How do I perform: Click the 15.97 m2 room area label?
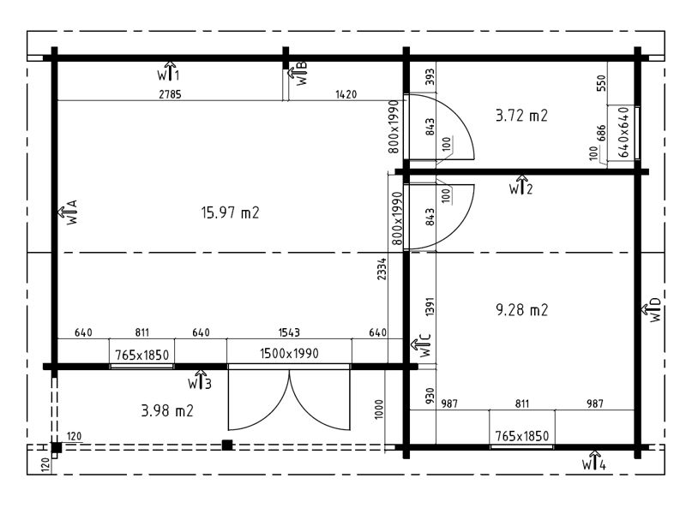click(230, 212)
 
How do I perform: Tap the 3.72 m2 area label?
click(521, 116)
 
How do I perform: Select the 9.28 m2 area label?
click(521, 310)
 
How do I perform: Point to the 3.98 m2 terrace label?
click(167, 411)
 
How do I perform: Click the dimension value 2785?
click(170, 94)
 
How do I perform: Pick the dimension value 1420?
click(346, 94)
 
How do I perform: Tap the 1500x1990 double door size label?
click(289, 353)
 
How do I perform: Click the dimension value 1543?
click(289, 332)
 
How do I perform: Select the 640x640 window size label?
click(623, 133)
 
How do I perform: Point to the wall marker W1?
click(168, 71)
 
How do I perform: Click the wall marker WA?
click(69, 212)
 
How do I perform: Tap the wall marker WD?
click(652, 310)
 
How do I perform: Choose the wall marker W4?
click(594, 460)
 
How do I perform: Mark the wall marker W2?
click(521, 185)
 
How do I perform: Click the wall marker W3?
click(200, 380)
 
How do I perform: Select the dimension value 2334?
click(382, 269)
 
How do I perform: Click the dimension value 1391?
click(430, 307)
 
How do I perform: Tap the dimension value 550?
click(602, 83)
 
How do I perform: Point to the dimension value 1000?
click(379, 409)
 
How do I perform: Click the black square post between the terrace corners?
click(227, 445)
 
